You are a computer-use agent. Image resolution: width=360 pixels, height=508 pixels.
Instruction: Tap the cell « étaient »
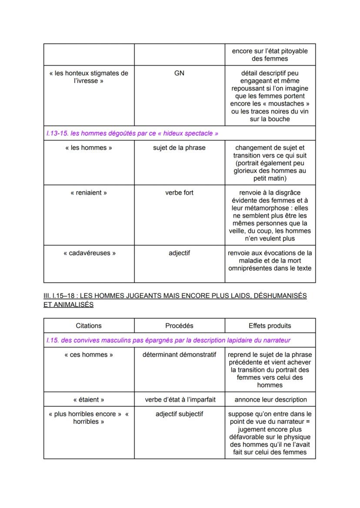click(89, 399)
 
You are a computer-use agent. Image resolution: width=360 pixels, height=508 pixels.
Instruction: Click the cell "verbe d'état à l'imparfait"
click(179, 399)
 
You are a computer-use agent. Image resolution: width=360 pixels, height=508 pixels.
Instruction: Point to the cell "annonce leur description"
click(270, 399)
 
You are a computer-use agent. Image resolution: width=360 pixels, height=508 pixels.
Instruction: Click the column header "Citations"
click(89, 325)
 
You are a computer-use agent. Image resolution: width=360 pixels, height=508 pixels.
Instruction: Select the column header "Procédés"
click(179, 325)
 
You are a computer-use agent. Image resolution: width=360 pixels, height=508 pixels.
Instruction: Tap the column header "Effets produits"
click(270, 325)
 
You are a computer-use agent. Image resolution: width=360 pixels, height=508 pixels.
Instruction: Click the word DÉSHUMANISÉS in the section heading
click(280, 296)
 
